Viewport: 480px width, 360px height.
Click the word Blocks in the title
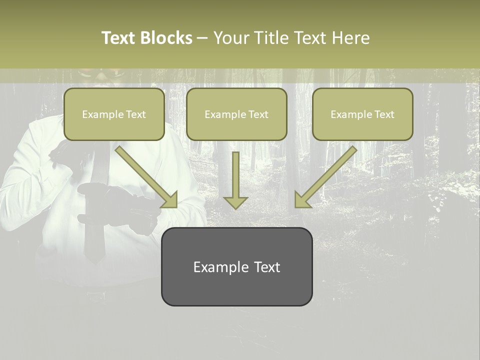pyautogui.click(x=166, y=38)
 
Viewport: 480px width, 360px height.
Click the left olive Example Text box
pyautogui.click(x=114, y=114)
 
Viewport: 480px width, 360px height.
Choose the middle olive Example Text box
pyautogui.click(x=236, y=114)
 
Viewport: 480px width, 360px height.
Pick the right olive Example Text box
pyautogui.click(x=362, y=114)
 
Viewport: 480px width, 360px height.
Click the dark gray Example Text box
pyautogui.click(x=236, y=266)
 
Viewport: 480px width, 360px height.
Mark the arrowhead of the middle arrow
pyautogui.click(x=235, y=202)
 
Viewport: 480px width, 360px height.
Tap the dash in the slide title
pyautogui.click(x=202, y=38)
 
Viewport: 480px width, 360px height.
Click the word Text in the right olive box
pyautogui.click(x=384, y=114)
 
